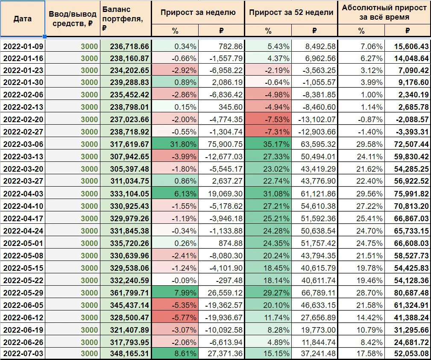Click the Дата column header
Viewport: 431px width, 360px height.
click(23, 19)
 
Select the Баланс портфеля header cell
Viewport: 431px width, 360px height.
click(126, 19)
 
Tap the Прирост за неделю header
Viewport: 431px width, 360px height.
click(198, 12)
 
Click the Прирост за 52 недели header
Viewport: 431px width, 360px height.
click(291, 12)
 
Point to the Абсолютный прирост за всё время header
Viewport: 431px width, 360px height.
click(384, 12)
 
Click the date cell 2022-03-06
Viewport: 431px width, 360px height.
click(23, 144)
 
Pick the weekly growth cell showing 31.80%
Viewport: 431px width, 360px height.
click(175, 144)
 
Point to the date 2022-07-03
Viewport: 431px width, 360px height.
click(23, 354)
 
